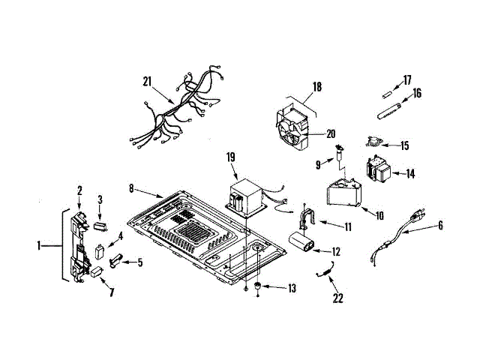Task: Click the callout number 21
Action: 148,81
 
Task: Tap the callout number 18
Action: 316,87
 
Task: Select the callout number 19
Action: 231,157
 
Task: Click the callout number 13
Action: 292,288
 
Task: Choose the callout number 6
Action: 440,225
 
